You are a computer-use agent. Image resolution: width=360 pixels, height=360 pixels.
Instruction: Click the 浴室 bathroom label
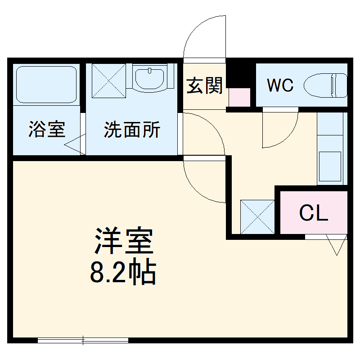pyautogui.click(x=47, y=130)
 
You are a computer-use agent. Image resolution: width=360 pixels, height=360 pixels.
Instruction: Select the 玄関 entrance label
pyautogui.click(x=205, y=85)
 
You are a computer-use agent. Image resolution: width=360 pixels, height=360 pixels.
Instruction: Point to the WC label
pyautogui.click(x=280, y=85)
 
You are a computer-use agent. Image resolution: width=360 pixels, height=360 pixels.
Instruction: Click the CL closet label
pyautogui.click(x=314, y=213)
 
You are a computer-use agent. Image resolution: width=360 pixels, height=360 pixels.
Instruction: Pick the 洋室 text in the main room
pyautogui.click(x=124, y=242)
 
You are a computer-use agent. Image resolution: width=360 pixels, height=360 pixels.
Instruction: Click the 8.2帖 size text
pyautogui.click(x=124, y=272)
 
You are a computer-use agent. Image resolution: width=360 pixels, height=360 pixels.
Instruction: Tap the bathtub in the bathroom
pyautogui.click(x=46, y=84)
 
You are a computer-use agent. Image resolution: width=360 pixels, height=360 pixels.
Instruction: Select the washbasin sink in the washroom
pyautogui.click(x=150, y=79)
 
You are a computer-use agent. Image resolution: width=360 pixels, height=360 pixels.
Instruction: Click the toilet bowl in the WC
pyautogui.click(x=325, y=85)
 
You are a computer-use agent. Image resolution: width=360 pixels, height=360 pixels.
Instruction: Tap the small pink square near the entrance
pyautogui.click(x=239, y=97)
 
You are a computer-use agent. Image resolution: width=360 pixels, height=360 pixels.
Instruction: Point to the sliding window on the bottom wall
pyautogui.click(x=83, y=341)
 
